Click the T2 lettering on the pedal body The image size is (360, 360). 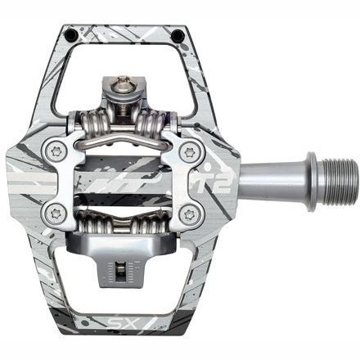click(222, 173)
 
